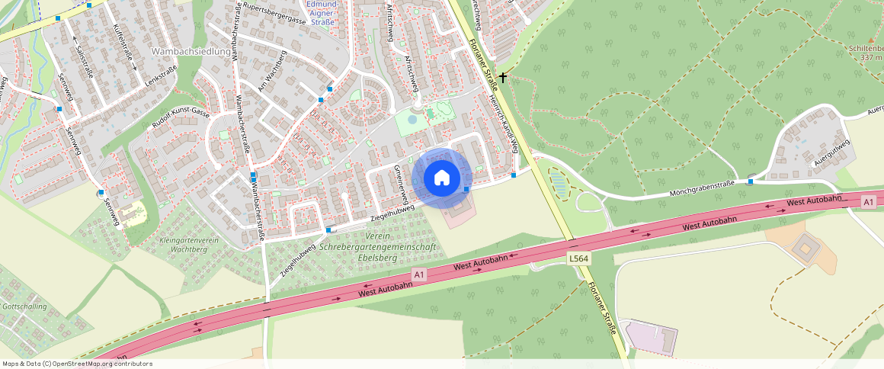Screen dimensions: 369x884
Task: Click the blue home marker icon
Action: click(441, 178)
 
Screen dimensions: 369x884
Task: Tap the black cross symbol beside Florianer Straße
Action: click(503, 78)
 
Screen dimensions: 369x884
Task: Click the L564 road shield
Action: click(578, 259)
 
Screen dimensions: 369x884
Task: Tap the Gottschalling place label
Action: click(24, 306)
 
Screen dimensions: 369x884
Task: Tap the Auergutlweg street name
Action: click(831, 152)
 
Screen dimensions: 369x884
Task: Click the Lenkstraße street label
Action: click(161, 79)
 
